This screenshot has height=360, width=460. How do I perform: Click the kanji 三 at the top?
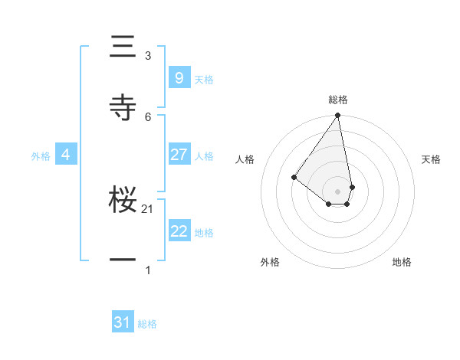[123, 47]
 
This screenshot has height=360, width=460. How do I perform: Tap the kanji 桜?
[123, 201]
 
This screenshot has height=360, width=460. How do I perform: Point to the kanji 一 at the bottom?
[123, 260]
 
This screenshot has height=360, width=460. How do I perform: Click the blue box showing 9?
[179, 77]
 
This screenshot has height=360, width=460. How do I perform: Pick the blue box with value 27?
[179, 155]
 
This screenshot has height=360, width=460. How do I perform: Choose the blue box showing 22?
[179, 231]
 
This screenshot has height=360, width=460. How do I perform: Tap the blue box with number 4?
[66, 155]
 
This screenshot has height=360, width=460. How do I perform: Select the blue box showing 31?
[123, 322]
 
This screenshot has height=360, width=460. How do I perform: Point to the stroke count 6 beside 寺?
[148, 116]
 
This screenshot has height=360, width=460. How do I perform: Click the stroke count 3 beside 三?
[148, 56]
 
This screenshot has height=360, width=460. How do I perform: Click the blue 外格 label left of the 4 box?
[41, 156]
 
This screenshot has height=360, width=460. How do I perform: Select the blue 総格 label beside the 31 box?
[147, 324]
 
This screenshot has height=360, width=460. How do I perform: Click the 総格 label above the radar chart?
[338, 100]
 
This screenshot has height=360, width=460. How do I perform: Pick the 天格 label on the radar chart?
[431, 159]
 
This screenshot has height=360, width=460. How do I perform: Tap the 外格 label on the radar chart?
[270, 262]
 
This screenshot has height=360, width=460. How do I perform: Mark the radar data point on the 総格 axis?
[337, 116]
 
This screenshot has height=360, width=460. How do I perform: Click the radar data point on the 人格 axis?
[294, 177]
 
